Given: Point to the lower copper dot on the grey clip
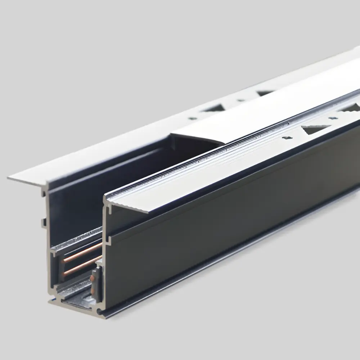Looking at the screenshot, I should coord(94,288).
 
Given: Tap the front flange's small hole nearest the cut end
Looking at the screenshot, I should coord(287,138).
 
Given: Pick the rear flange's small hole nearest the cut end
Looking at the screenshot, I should coord(193,118).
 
